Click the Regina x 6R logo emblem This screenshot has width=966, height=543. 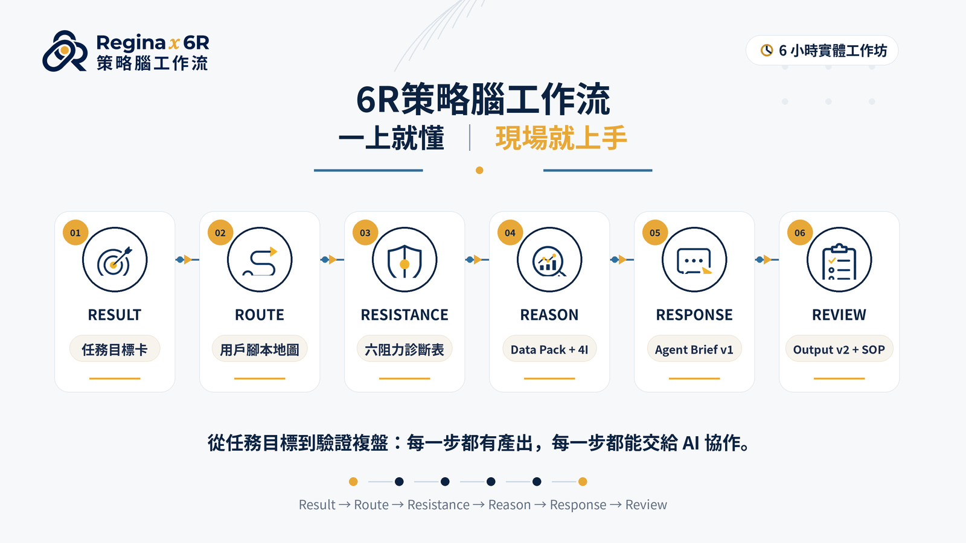65,51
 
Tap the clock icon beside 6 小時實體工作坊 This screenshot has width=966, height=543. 766,51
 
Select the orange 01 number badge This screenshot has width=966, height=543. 75,233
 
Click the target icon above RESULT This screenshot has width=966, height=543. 115,260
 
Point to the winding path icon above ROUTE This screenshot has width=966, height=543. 260,260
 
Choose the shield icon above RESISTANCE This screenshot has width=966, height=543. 405,260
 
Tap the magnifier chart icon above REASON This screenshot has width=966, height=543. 549,260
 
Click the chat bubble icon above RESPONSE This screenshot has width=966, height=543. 694,260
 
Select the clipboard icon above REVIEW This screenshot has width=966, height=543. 839,260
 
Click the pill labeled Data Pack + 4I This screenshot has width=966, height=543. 549,349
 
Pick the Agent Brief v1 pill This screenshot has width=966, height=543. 694,349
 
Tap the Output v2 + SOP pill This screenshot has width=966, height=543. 839,349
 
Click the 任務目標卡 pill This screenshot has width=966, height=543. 115,349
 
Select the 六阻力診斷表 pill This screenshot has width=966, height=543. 405,349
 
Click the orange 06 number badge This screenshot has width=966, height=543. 800,233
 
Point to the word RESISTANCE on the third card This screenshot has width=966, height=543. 405,315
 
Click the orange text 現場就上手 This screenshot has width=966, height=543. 561,138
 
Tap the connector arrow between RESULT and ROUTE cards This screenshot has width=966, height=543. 187,259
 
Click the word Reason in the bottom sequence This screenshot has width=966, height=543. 510,504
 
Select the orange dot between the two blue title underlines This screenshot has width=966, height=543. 479,170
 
